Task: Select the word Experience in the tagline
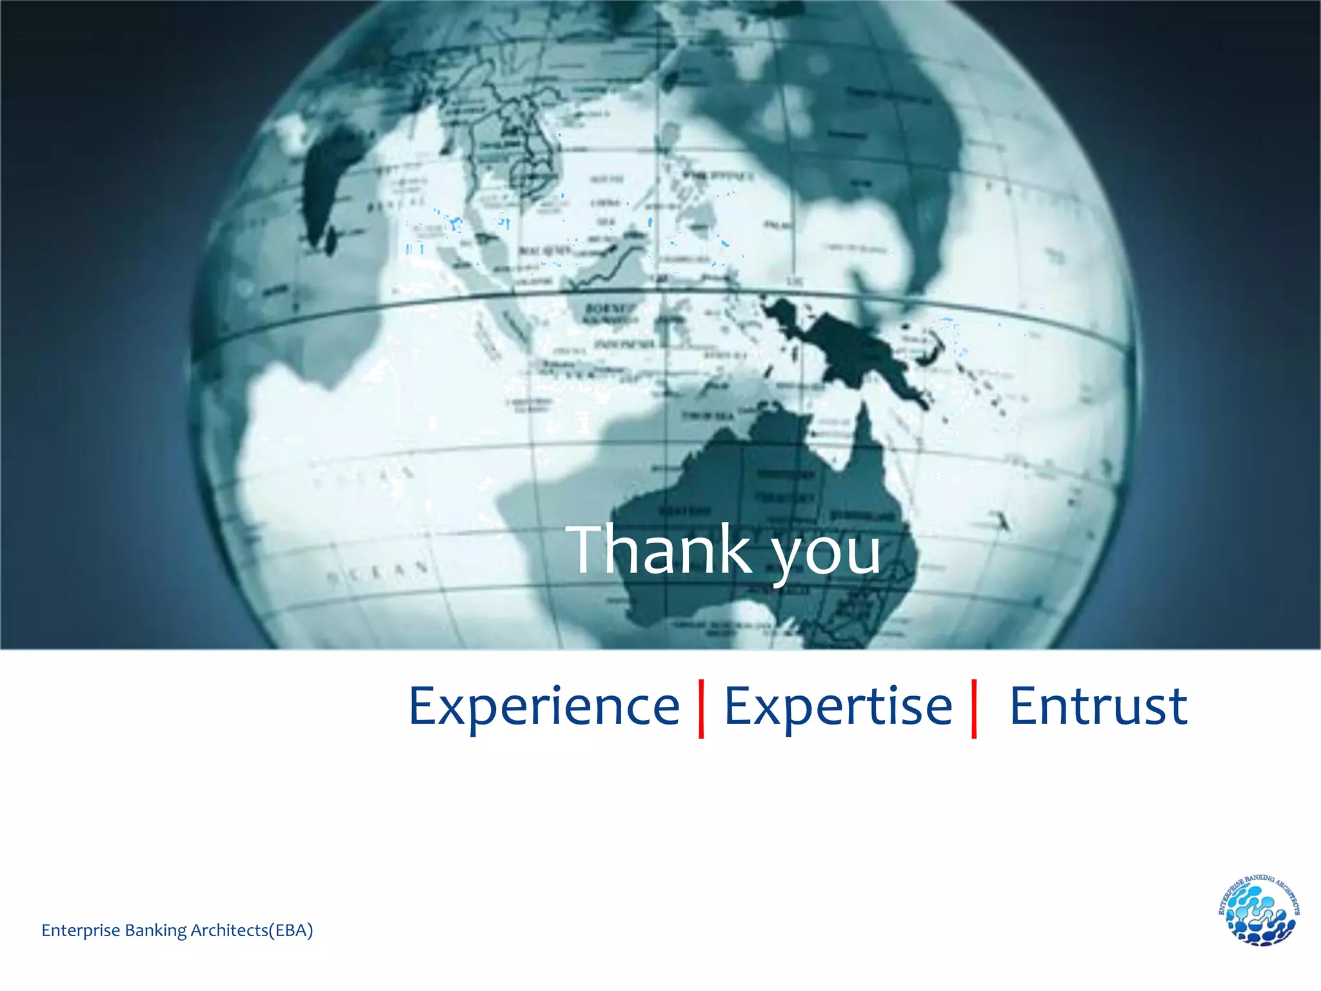click(x=544, y=707)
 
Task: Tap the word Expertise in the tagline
click(x=838, y=707)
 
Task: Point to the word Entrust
click(x=1098, y=706)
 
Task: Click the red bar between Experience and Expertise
click(x=701, y=708)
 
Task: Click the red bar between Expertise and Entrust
click(x=974, y=708)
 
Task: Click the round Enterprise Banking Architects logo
click(x=1258, y=910)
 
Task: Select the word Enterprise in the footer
click(x=81, y=930)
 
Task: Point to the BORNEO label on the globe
click(x=610, y=308)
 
